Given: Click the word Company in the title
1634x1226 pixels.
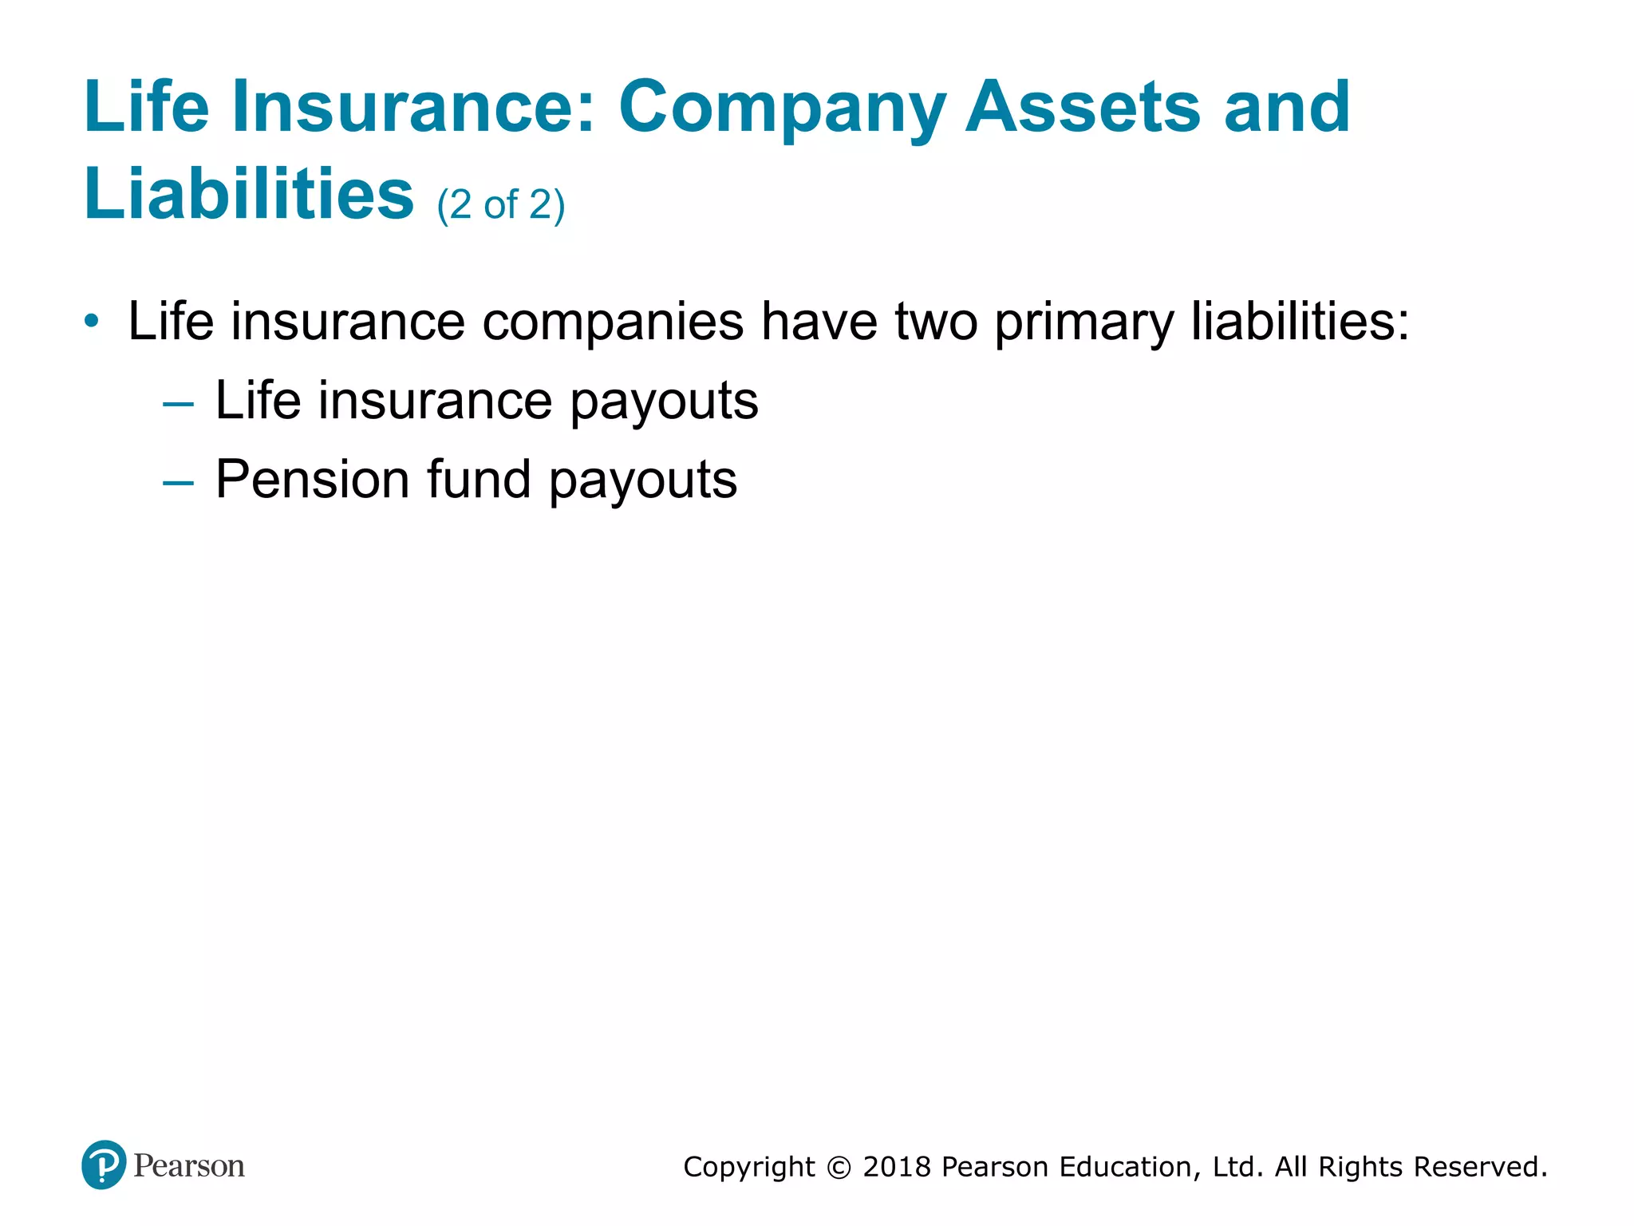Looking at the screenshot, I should [782, 108].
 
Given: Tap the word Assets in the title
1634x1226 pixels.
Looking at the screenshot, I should [1083, 108].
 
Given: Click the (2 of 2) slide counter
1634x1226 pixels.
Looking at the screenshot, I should [501, 205].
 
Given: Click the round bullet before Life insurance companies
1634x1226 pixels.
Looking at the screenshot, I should [93, 322].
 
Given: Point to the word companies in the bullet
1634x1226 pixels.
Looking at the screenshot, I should [613, 323].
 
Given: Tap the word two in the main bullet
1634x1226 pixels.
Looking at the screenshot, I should [936, 322].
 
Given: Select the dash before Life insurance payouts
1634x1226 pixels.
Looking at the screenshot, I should [178, 405].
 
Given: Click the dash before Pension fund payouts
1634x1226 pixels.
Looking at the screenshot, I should [178, 483].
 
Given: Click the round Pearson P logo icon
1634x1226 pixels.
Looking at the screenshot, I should [104, 1165].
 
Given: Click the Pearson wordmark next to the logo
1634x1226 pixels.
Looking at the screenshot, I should [189, 1166].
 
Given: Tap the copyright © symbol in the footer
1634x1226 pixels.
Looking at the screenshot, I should [839, 1168].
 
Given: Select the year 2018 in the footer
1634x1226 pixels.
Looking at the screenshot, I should [897, 1167].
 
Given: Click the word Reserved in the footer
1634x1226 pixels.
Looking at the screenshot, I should [1478, 1167].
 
